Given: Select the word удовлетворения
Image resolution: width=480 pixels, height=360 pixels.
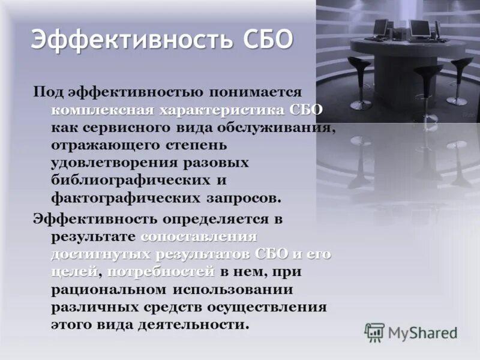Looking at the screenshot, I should pyautogui.click(x=116, y=163).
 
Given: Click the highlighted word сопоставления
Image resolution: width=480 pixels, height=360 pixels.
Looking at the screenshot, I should pyautogui.click(x=199, y=236).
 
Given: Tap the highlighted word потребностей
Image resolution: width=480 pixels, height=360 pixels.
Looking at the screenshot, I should pyautogui.click(x=163, y=271).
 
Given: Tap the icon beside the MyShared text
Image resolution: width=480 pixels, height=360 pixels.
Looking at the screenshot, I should pyautogui.click(x=374, y=332).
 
